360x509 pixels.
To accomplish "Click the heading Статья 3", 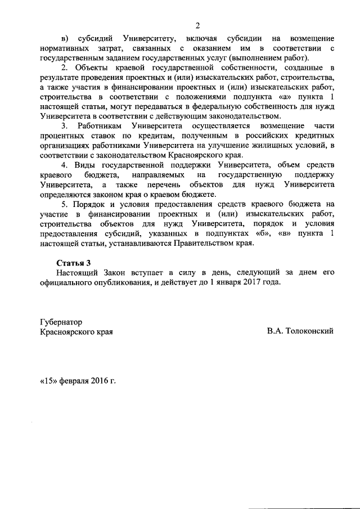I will [74, 263].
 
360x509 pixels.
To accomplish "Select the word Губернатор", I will [61, 322].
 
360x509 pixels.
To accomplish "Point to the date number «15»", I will [48, 381].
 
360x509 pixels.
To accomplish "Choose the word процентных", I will [62, 137].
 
